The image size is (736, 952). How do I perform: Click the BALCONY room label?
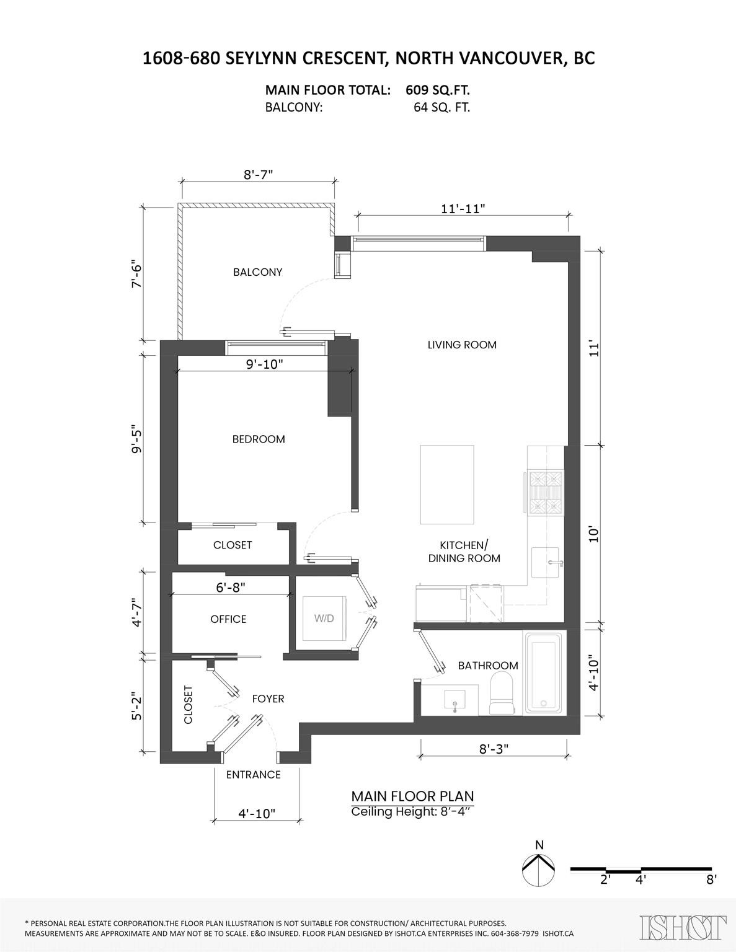point(257,272)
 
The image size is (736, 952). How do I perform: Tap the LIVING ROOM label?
point(462,345)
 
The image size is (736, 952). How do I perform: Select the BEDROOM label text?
point(259,439)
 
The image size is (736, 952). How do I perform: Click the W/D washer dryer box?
point(323,618)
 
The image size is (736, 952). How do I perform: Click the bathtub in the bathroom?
point(543,674)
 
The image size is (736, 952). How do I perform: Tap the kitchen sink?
point(545,562)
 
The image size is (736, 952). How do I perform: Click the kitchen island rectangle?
point(448,485)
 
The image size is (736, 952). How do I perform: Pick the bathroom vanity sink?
point(455,702)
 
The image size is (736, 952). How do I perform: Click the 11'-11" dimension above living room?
point(463,208)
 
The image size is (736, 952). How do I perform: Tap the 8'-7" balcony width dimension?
point(258,175)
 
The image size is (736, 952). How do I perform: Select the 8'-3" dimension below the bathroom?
point(494,748)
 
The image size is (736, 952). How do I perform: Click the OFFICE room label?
point(228,619)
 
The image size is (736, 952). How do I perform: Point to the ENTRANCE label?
point(253,774)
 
